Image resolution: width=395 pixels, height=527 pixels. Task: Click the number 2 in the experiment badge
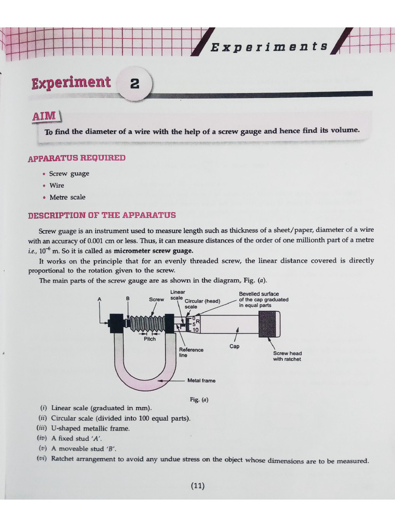pyautogui.click(x=135, y=84)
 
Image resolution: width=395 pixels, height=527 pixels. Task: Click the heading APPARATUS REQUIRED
pyautogui.click(x=77, y=157)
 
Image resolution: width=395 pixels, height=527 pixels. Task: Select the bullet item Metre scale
pyautogui.click(x=67, y=197)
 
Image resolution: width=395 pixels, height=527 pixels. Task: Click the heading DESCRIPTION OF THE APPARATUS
pyautogui.click(x=102, y=215)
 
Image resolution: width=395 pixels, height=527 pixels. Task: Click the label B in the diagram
pyautogui.click(x=128, y=298)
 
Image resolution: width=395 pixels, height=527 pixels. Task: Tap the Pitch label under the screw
pyautogui.click(x=150, y=339)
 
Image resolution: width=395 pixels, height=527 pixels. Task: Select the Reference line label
pyautogui.click(x=191, y=352)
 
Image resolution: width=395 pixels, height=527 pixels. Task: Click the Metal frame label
pyautogui.click(x=201, y=380)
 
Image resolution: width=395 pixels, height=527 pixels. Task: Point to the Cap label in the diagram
pyautogui.click(x=235, y=346)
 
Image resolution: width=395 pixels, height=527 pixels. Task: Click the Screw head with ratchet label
pyautogui.click(x=287, y=356)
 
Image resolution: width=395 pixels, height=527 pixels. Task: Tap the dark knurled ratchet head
pyautogui.click(x=270, y=324)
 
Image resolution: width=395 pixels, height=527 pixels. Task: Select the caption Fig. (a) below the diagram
pyautogui.click(x=199, y=399)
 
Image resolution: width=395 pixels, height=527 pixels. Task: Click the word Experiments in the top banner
pyautogui.click(x=269, y=47)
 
